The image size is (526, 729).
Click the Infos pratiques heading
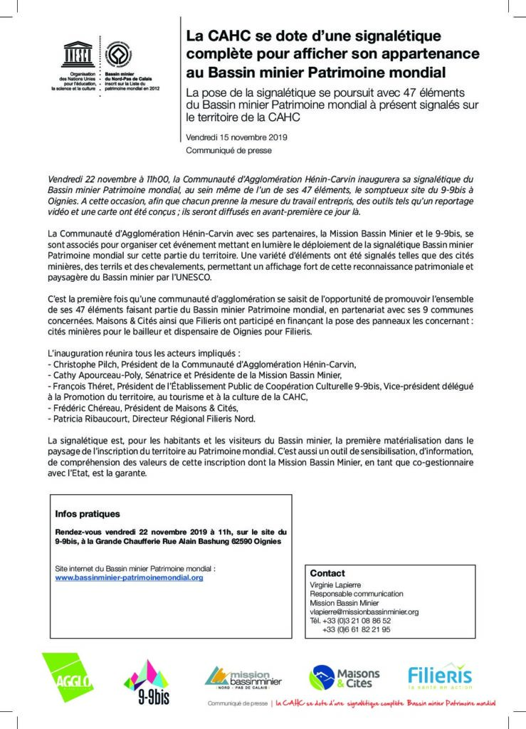(88, 513)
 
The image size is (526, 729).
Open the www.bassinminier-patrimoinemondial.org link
(129, 578)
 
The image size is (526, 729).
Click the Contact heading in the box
(327, 573)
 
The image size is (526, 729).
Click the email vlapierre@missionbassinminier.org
(364, 612)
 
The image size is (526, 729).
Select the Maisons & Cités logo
(344, 678)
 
